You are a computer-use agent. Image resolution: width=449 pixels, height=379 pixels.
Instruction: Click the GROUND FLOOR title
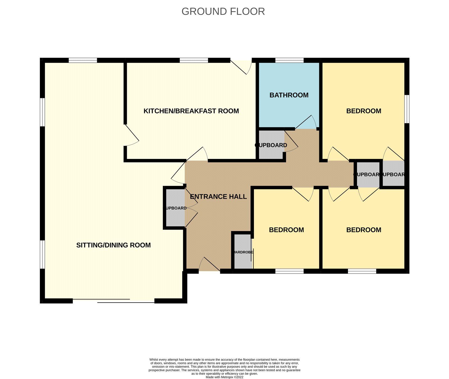223,12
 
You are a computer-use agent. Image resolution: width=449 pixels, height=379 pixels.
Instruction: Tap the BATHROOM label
289,95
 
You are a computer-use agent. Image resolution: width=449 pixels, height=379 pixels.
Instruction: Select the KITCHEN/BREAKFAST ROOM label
191,111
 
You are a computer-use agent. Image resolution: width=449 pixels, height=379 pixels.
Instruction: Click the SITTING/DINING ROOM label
113,245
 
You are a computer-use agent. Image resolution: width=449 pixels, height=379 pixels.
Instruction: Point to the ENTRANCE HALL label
218,197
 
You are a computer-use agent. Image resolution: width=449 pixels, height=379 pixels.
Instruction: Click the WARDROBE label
243,252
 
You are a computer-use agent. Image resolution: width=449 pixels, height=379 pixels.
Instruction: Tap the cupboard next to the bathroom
271,145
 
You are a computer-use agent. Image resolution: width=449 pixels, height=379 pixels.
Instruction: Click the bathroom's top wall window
289,60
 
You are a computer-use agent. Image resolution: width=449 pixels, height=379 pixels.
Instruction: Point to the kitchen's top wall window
194,60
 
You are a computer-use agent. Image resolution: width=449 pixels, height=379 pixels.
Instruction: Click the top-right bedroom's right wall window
407,109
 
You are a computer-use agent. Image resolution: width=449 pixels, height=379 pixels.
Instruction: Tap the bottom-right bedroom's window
362,271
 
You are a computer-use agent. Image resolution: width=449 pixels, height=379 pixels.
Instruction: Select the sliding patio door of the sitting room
114,301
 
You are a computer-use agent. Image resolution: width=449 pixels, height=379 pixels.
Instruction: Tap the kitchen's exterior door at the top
241,66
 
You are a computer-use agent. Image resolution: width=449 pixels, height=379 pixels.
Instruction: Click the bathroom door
306,123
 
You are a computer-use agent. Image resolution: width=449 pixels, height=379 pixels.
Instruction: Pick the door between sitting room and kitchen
131,135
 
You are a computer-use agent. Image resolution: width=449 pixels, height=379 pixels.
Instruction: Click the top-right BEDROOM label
364,111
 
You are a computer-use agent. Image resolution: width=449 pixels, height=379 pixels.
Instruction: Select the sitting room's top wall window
83,60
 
